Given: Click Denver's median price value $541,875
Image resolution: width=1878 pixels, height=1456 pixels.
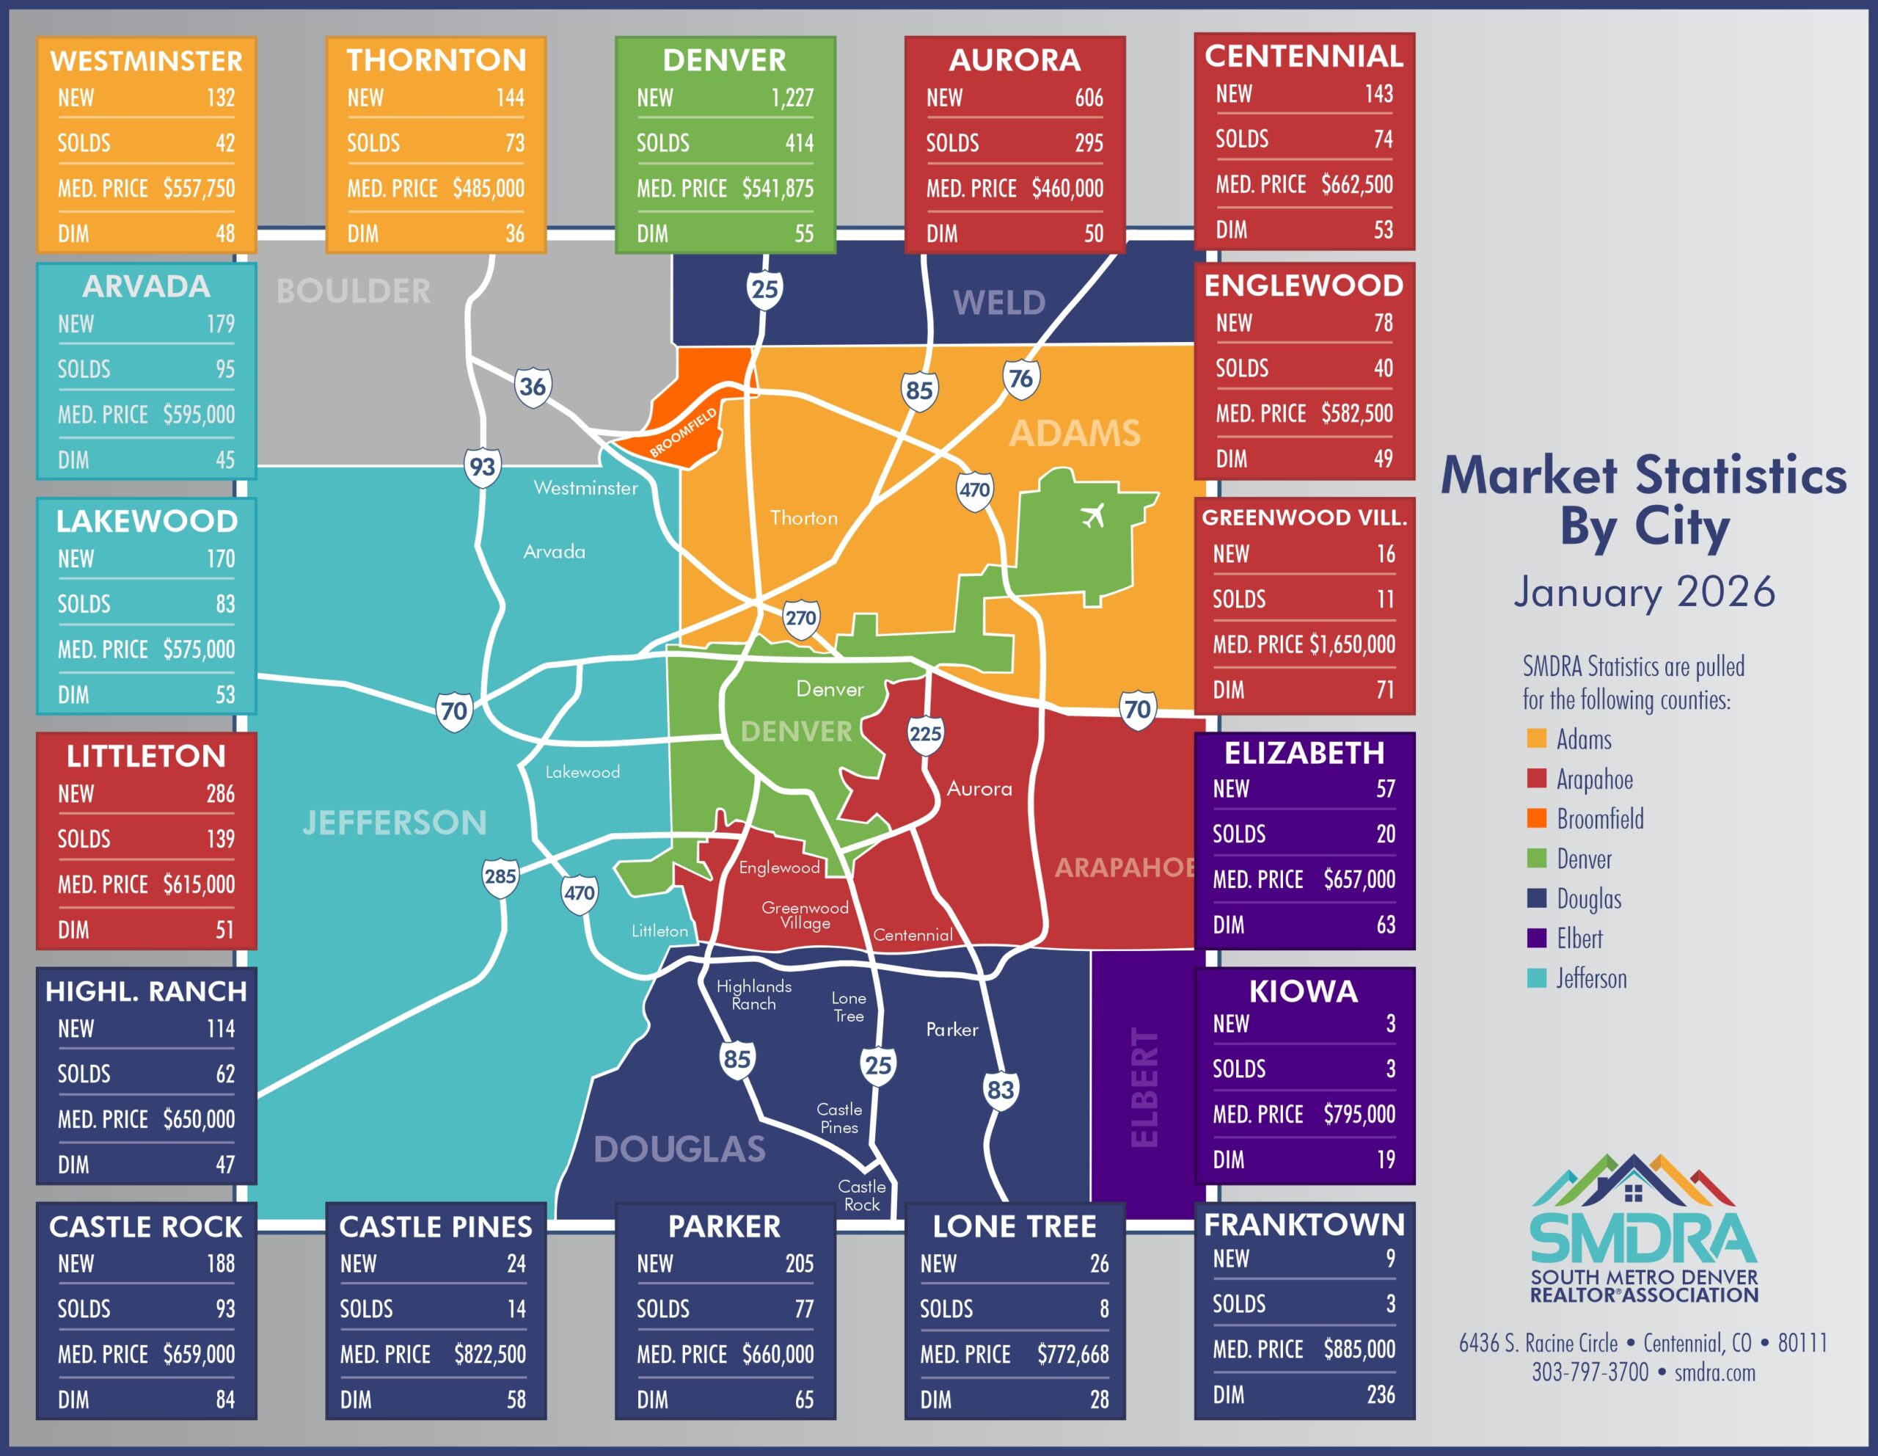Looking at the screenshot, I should click(x=778, y=189).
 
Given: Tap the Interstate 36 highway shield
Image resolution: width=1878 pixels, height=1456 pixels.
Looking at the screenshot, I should click(x=533, y=387).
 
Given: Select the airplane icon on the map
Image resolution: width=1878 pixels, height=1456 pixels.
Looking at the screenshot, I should click(x=1092, y=517).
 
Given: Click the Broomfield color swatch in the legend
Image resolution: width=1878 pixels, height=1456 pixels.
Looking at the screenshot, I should click(x=1537, y=818).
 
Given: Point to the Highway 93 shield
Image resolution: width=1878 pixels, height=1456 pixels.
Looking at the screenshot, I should click(x=483, y=467).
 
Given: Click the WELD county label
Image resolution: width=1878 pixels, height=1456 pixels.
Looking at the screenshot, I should click(x=998, y=303).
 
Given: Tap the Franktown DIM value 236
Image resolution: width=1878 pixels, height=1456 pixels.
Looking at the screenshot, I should click(x=1380, y=1394).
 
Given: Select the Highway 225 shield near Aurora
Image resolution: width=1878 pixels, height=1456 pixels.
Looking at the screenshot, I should click(x=925, y=735).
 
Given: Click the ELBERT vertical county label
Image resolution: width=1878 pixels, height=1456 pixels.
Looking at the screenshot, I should click(x=1144, y=1087).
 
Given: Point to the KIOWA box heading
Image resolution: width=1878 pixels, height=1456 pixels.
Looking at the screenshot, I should click(x=1304, y=991).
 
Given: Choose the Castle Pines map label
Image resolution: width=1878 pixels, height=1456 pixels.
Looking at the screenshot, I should click(x=839, y=1118).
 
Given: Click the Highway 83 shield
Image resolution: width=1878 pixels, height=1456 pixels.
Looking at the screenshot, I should click(x=1000, y=1091).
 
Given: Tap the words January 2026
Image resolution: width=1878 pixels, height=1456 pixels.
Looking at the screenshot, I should click(x=1644, y=591).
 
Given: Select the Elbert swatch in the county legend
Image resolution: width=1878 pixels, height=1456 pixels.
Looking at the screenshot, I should click(x=1537, y=937).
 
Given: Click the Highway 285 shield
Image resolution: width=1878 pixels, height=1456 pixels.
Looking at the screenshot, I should click(x=500, y=877).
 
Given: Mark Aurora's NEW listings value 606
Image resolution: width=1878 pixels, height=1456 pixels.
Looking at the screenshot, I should click(x=1089, y=98).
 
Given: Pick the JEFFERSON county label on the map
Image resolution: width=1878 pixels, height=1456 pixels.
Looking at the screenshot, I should click(x=395, y=823).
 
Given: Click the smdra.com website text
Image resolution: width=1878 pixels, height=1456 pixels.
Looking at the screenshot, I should click(x=1714, y=1372).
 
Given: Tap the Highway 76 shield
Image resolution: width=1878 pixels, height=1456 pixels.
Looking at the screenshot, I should click(x=1020, y=379).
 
